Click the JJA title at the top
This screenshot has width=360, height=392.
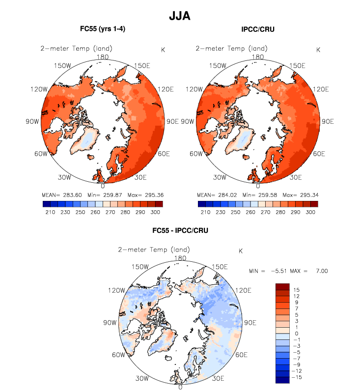179,16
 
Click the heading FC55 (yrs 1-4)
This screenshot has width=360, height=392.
103,29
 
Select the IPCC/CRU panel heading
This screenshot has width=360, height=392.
258,29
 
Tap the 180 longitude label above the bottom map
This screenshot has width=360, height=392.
180,258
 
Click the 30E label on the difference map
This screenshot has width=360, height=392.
218,379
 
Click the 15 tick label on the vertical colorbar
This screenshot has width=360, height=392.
296,290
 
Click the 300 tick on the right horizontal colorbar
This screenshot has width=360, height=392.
310,212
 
